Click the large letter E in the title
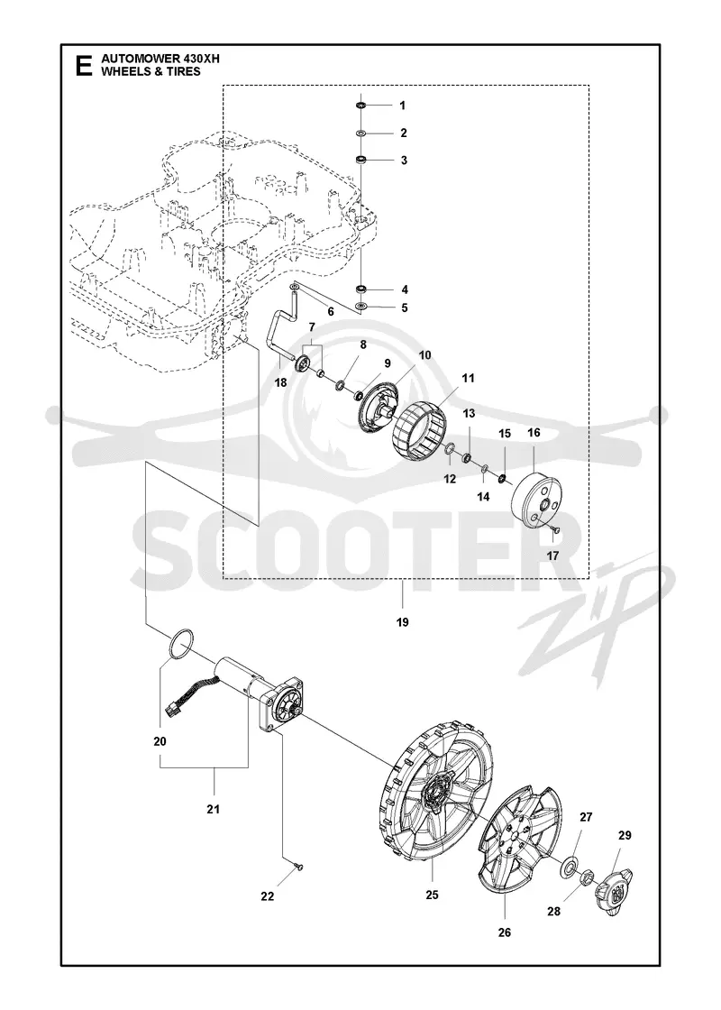83,67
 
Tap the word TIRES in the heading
184,71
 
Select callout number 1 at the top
403,105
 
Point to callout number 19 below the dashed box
403,622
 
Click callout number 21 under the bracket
213,808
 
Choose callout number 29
625,835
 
